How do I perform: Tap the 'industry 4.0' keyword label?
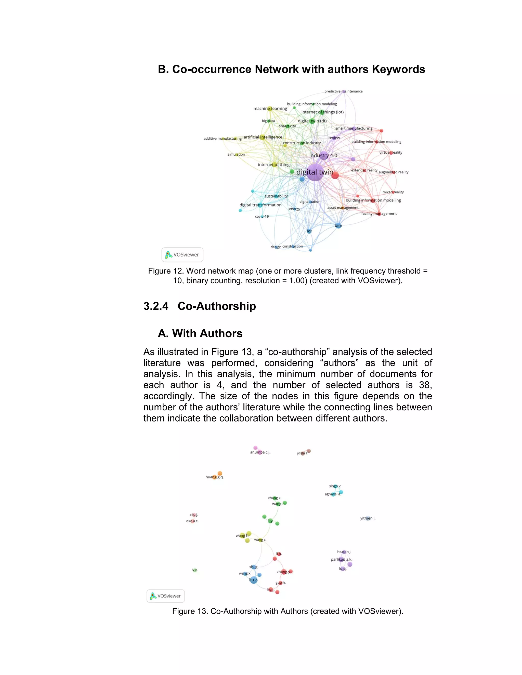[323, 155]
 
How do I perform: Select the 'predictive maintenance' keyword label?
[343, 91]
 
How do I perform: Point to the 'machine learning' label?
[270, 109]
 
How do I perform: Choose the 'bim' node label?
[338, 226]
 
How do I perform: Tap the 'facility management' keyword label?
[379, 213]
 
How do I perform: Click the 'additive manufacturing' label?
[222, 139]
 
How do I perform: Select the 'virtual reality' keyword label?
[390, 152]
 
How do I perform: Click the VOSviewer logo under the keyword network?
[182, 255]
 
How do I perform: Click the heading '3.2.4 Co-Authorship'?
[200, 306]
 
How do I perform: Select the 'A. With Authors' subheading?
[200, 333]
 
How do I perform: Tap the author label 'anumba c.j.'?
[260, 452]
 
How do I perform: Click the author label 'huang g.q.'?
[214, 477]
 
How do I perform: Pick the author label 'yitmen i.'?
[368, 518]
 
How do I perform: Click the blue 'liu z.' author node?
[253, 580]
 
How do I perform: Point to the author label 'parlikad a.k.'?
[341, 559]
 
